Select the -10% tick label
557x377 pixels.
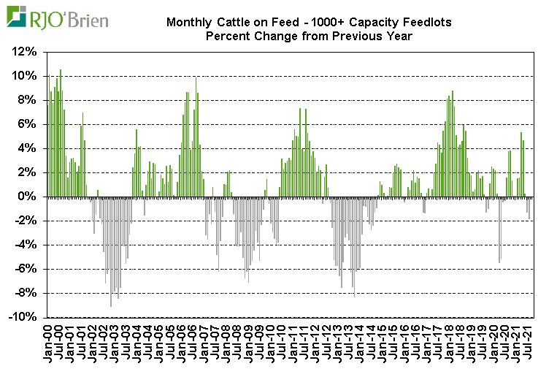(x=23, y=317)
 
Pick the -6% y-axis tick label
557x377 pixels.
(x=26, y=269)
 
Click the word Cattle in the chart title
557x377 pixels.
(x=234, y=23)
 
